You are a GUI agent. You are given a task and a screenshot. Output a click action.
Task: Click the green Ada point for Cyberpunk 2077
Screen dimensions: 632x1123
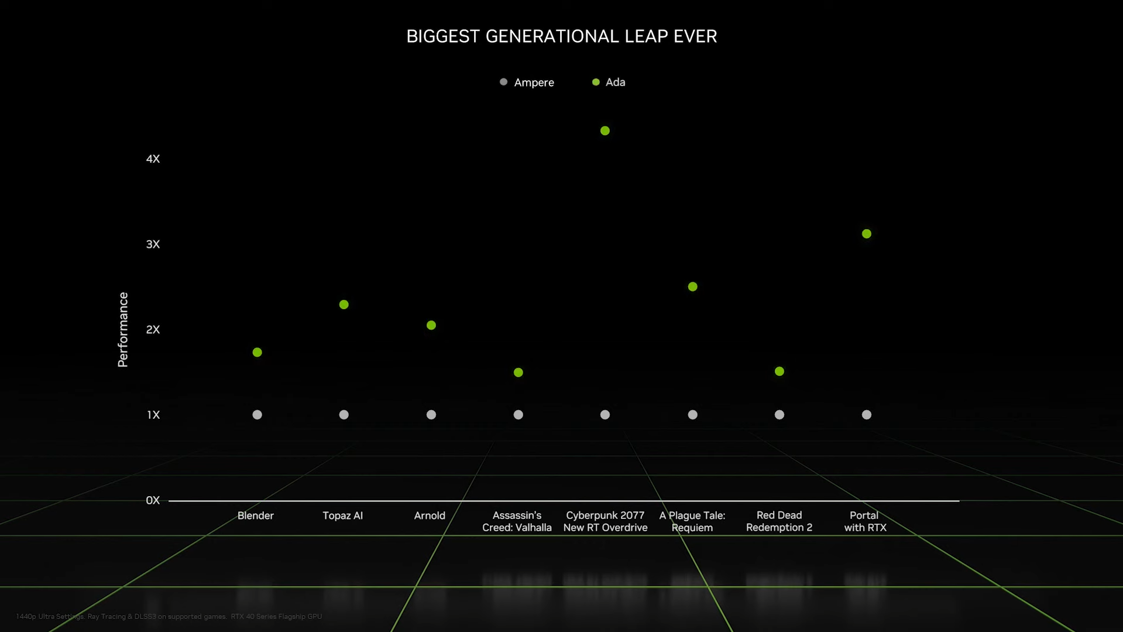coord(605,131)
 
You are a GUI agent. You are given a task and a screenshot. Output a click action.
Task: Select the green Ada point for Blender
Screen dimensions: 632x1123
coord(257,352)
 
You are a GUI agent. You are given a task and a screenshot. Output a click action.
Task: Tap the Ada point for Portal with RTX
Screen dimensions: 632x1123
coord(867,234)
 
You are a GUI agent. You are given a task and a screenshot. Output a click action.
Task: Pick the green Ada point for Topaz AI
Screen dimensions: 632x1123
coord(344,305)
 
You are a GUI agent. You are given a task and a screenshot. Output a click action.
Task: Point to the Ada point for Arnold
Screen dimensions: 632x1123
coord(431,325)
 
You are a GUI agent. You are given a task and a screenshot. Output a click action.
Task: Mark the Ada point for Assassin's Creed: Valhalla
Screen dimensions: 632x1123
coord(518,373)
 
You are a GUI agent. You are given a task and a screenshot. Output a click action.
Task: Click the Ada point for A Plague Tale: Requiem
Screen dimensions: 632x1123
coord(693,286)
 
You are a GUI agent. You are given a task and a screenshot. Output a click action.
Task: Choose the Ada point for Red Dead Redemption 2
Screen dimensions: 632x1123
coord(779,371)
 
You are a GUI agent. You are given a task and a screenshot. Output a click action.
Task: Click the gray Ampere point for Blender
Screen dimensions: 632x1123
coord(257,415)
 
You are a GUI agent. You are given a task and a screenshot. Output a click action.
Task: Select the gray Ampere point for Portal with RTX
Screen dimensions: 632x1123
coord(867,415)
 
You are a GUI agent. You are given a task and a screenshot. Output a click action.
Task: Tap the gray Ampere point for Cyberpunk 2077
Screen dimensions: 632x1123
coord(605,415)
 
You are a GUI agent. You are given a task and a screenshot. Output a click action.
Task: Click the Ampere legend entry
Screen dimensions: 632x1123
coord(527,83)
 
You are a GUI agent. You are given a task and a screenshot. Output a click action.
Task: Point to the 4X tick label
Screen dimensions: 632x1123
coord(153,159)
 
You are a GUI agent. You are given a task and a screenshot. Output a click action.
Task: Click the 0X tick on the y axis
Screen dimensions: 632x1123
coord(153,500)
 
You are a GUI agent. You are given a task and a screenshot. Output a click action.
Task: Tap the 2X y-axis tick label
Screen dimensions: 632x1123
coord(153,329)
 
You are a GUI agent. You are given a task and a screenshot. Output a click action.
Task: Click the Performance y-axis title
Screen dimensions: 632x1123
coord(123,330)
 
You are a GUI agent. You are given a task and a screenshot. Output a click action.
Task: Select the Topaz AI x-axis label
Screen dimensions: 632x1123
coord(343,515)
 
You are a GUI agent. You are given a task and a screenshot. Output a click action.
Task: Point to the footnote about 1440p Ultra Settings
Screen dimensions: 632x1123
coord(169,616)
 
